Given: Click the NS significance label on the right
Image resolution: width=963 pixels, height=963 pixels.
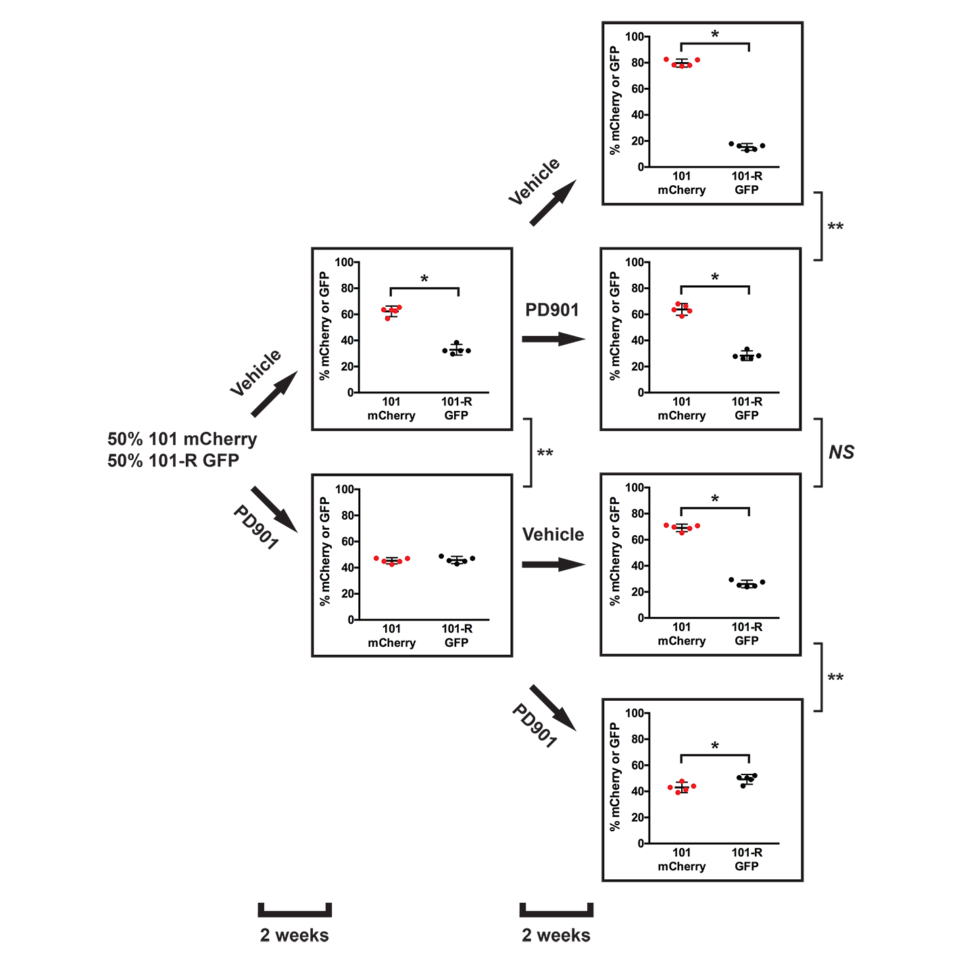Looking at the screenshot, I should pos(841,452).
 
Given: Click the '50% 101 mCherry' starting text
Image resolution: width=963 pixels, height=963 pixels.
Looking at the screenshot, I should pos(182,439).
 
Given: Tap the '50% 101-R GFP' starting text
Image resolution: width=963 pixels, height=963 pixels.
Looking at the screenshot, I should pos(173,461).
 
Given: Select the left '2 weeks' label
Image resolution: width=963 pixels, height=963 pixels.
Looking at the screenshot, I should pos(294,935).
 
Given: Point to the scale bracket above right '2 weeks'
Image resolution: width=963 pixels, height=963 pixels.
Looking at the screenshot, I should pos(556,911).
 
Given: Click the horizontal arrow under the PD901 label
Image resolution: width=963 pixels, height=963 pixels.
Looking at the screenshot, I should pos(553,339).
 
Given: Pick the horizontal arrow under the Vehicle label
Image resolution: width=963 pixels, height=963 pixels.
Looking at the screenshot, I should pos(553,564).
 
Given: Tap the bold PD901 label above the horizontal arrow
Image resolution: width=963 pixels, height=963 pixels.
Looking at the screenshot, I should pos(552,310).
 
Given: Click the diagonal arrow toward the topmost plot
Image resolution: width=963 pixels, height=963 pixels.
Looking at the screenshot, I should pos(553,203).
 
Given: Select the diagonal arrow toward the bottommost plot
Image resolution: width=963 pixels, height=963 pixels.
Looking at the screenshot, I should pos(553,708).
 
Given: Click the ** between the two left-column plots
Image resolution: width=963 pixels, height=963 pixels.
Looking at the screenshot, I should pos(545,453).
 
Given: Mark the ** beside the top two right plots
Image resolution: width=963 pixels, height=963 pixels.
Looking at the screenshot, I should pos(835,227).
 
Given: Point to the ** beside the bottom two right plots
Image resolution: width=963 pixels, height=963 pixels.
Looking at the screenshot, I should pos(835,678).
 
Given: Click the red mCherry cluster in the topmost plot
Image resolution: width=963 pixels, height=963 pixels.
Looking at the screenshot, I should pos(682,62).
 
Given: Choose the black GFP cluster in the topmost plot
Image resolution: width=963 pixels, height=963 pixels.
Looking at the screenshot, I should pos(747,146).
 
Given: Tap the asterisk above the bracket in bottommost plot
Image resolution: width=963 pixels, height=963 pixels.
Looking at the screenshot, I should pos(715,746).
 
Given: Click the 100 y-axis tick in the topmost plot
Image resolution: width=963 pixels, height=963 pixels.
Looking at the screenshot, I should pos(635,36).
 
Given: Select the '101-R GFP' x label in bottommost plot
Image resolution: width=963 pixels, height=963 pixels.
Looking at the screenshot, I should pos(747,860).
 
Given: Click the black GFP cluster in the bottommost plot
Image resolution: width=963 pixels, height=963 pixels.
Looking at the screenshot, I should pos(747,780).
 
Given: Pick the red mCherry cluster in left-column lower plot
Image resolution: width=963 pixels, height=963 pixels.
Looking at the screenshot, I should pos(391,560).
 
